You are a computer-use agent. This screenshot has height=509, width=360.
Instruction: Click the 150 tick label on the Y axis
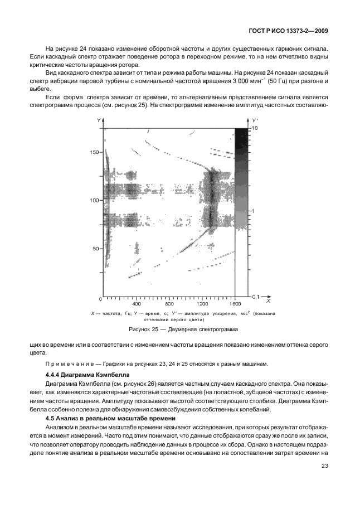pyautogui.click(x=95, y=152)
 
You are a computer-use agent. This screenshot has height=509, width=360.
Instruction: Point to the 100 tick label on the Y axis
pyautogui.click(x=95, y=200)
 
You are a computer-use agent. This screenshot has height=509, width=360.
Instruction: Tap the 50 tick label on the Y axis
pyautogui.click(x=96, y=248)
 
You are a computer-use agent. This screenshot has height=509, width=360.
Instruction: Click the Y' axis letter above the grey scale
pyautogui.click(x=254, y=120)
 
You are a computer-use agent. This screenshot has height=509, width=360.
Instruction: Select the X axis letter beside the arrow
pyautogui.click(x=268, y=301)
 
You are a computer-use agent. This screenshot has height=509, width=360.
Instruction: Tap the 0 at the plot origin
pyautogui.click(x=100, y=299)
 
